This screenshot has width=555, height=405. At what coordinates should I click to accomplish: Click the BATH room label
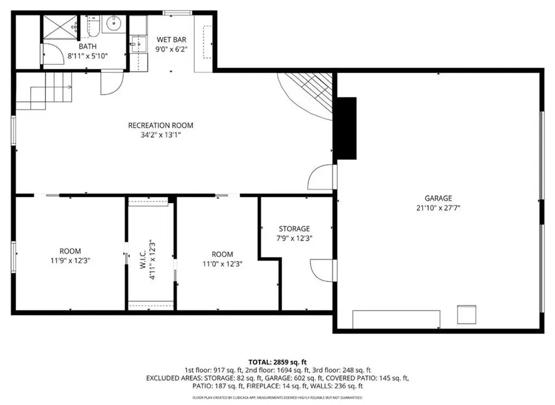coord(87,46)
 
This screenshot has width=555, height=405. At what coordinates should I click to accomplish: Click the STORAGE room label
coord(294,229)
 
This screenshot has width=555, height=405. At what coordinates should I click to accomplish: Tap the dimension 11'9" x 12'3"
coord(70,261)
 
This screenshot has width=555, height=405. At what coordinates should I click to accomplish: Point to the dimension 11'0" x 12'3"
coord(222,264)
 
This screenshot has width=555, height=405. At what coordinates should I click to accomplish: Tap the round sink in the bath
coord(113,24)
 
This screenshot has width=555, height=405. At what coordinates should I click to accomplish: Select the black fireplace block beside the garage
coord(345,128)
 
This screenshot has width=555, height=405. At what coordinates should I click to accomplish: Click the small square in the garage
coord(466,314)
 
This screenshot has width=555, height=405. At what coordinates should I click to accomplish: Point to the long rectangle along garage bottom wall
coord(396,319)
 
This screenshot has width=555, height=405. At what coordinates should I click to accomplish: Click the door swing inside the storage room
coord(321,269)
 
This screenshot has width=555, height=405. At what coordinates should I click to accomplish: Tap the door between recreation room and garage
coord(322,178)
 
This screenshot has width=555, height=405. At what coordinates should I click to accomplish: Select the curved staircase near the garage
coord(308,93)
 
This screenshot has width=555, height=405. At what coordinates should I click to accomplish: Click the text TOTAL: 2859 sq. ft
coord(277,362)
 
